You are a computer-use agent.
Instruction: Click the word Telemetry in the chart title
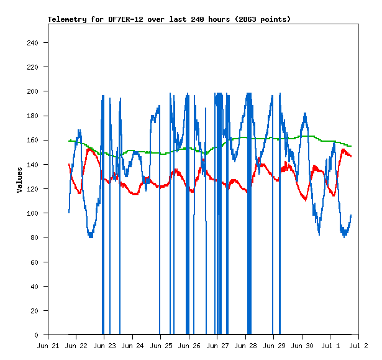pos(67,19)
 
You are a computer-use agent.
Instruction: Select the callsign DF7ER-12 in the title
pos(125,19)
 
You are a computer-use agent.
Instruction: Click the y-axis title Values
pos(19,180)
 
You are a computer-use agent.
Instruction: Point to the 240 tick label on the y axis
pos(33,43)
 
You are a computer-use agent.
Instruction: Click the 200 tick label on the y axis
pos(33,91)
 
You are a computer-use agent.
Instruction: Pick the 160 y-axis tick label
pos(33,141)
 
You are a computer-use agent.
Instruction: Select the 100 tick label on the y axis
pos(33,213)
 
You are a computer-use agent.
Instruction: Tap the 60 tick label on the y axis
pos(35,262)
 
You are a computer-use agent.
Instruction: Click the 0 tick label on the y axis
pos(36,335)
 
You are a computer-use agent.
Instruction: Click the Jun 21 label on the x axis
pos(48,346)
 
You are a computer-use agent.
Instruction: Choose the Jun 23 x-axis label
pos(104,346)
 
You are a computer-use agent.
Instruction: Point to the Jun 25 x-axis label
pos(161,346)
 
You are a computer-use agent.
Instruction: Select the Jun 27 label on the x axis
pos(217,346)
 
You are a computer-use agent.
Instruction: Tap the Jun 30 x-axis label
pos(302,346)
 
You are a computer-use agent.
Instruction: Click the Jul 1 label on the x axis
pos(330,346)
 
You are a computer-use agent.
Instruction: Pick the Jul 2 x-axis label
pos(358,346)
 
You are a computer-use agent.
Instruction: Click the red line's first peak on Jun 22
pos(89,149)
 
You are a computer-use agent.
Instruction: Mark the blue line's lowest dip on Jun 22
pos(91,236)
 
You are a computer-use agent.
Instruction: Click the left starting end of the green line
pos(69,141)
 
